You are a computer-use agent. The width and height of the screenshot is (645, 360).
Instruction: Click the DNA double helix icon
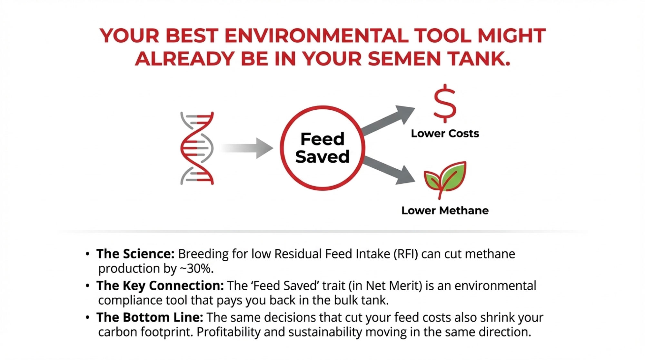(x=197, y=148)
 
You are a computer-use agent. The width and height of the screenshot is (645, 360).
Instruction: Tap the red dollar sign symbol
(x=445, y=103)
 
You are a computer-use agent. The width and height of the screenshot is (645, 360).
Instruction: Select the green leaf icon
(x=445, y=179)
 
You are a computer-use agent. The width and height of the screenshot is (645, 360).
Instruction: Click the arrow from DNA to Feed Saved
(x=247, y=148)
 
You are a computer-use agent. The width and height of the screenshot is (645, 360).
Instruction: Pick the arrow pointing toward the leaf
(x=389, y=170)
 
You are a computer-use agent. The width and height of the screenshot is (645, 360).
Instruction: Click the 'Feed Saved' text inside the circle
(x=322, y=148)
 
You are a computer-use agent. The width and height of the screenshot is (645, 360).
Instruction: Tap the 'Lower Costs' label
(x=445, y=134)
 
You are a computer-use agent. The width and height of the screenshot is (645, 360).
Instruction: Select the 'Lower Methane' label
(x=445, y=211)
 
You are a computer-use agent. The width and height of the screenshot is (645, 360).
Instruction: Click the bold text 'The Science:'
(x=135, y=254)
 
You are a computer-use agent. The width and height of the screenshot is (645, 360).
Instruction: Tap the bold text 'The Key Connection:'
(x=160, y=286)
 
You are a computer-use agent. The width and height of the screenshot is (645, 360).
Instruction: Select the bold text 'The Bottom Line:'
(x=150, y=317)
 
